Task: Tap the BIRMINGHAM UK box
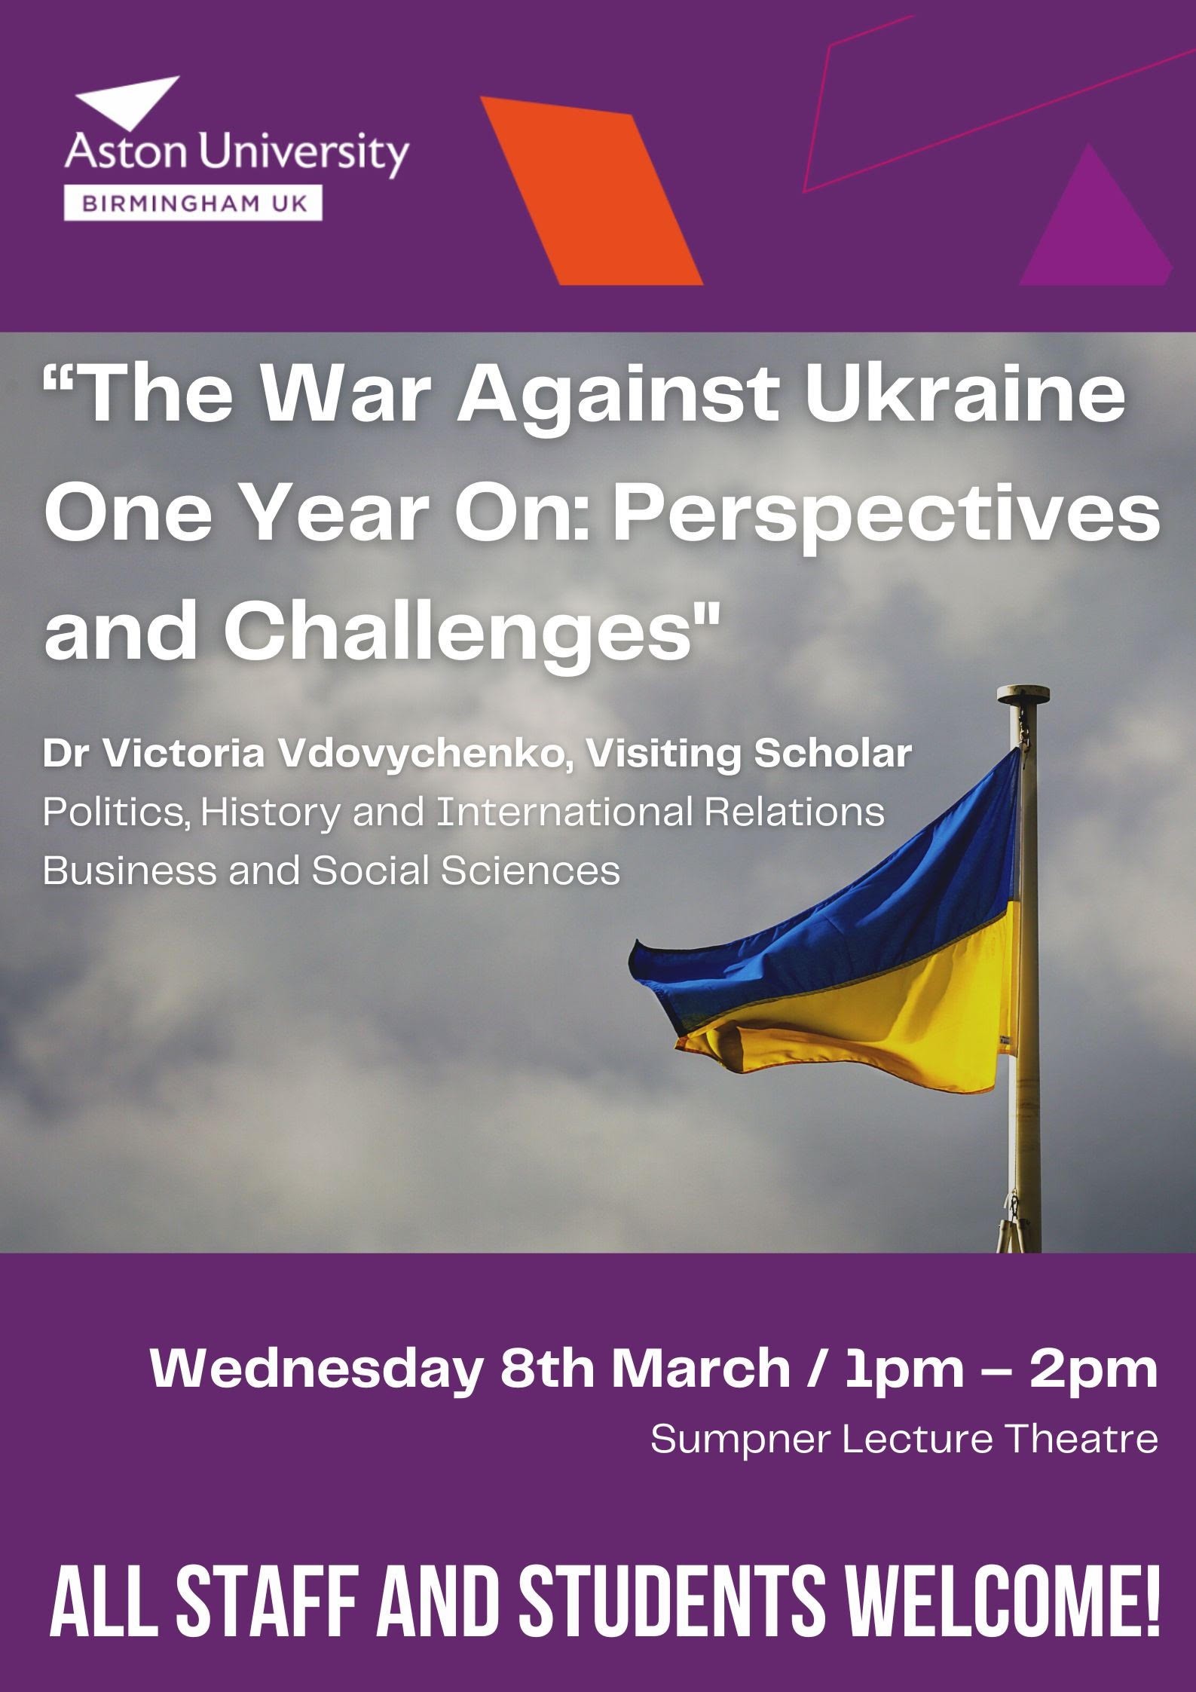[194, 203]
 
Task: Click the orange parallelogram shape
[592, 191]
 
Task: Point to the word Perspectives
[886, 519]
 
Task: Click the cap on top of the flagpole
[1023, 693]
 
